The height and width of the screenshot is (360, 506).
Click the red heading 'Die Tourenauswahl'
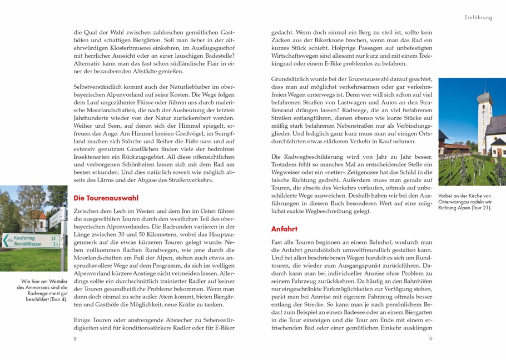pos(106,198)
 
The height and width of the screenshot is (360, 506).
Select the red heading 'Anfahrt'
pos(284,229)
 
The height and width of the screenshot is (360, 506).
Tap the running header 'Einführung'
pos(478,18)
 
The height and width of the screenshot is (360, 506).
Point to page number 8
pos(75,338)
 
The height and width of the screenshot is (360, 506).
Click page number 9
pos(430,338)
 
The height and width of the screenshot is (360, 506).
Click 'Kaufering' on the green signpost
pos(24,238)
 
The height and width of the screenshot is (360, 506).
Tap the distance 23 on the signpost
pos(53,238)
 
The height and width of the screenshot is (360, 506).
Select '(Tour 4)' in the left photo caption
pos(56,299)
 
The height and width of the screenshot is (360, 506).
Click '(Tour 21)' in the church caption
pos(480,208)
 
